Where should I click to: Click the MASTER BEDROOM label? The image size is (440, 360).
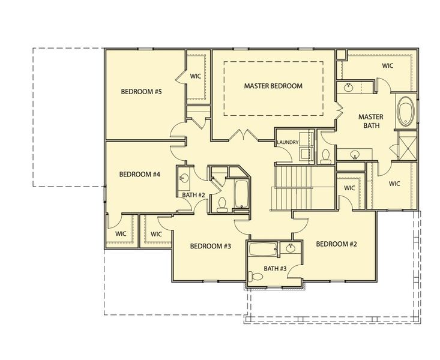[273, 86]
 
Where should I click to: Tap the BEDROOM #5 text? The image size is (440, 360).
[142, 92]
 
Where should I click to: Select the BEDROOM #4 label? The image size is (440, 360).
[139, 175]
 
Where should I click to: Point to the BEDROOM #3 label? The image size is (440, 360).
[211, 246]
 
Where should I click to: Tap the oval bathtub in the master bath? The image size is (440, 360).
[405, 112]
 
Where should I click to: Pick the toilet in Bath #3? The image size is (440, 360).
[256, 277]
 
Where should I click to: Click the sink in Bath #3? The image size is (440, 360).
[291, 248]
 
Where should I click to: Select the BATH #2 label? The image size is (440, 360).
[194, 195]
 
